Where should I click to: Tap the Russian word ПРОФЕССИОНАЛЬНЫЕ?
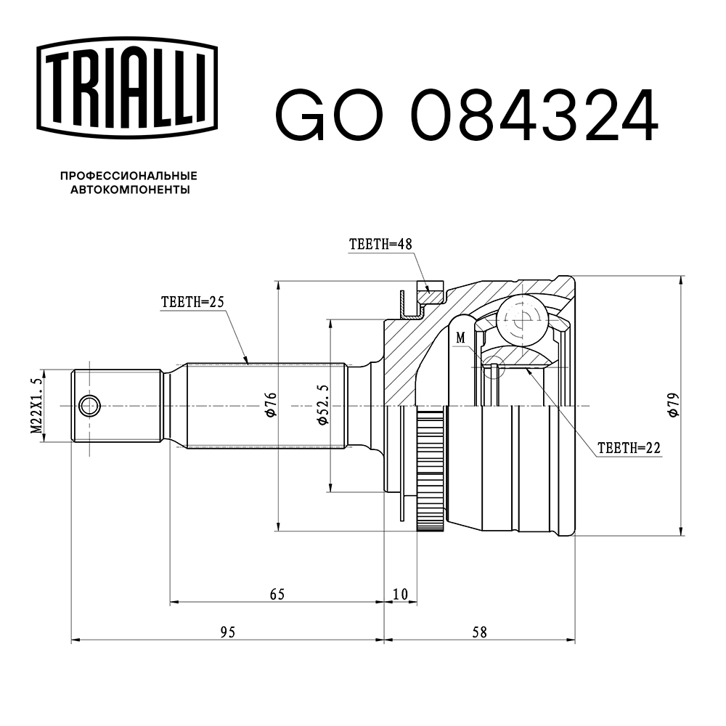point(129,176)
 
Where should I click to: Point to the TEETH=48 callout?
point(380,245)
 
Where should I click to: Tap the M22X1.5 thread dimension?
point(35,406)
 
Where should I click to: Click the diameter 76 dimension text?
point(270,404)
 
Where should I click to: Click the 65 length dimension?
point(277,595)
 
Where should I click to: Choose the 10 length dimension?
point(400,595)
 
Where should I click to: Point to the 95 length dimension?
point(227,632)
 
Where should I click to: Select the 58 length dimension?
point(479,632)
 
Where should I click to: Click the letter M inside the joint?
point(460,338)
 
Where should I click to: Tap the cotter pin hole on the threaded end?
point(90,406)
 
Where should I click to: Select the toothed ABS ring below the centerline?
point(431,472)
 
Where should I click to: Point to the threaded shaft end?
point(116,406)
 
